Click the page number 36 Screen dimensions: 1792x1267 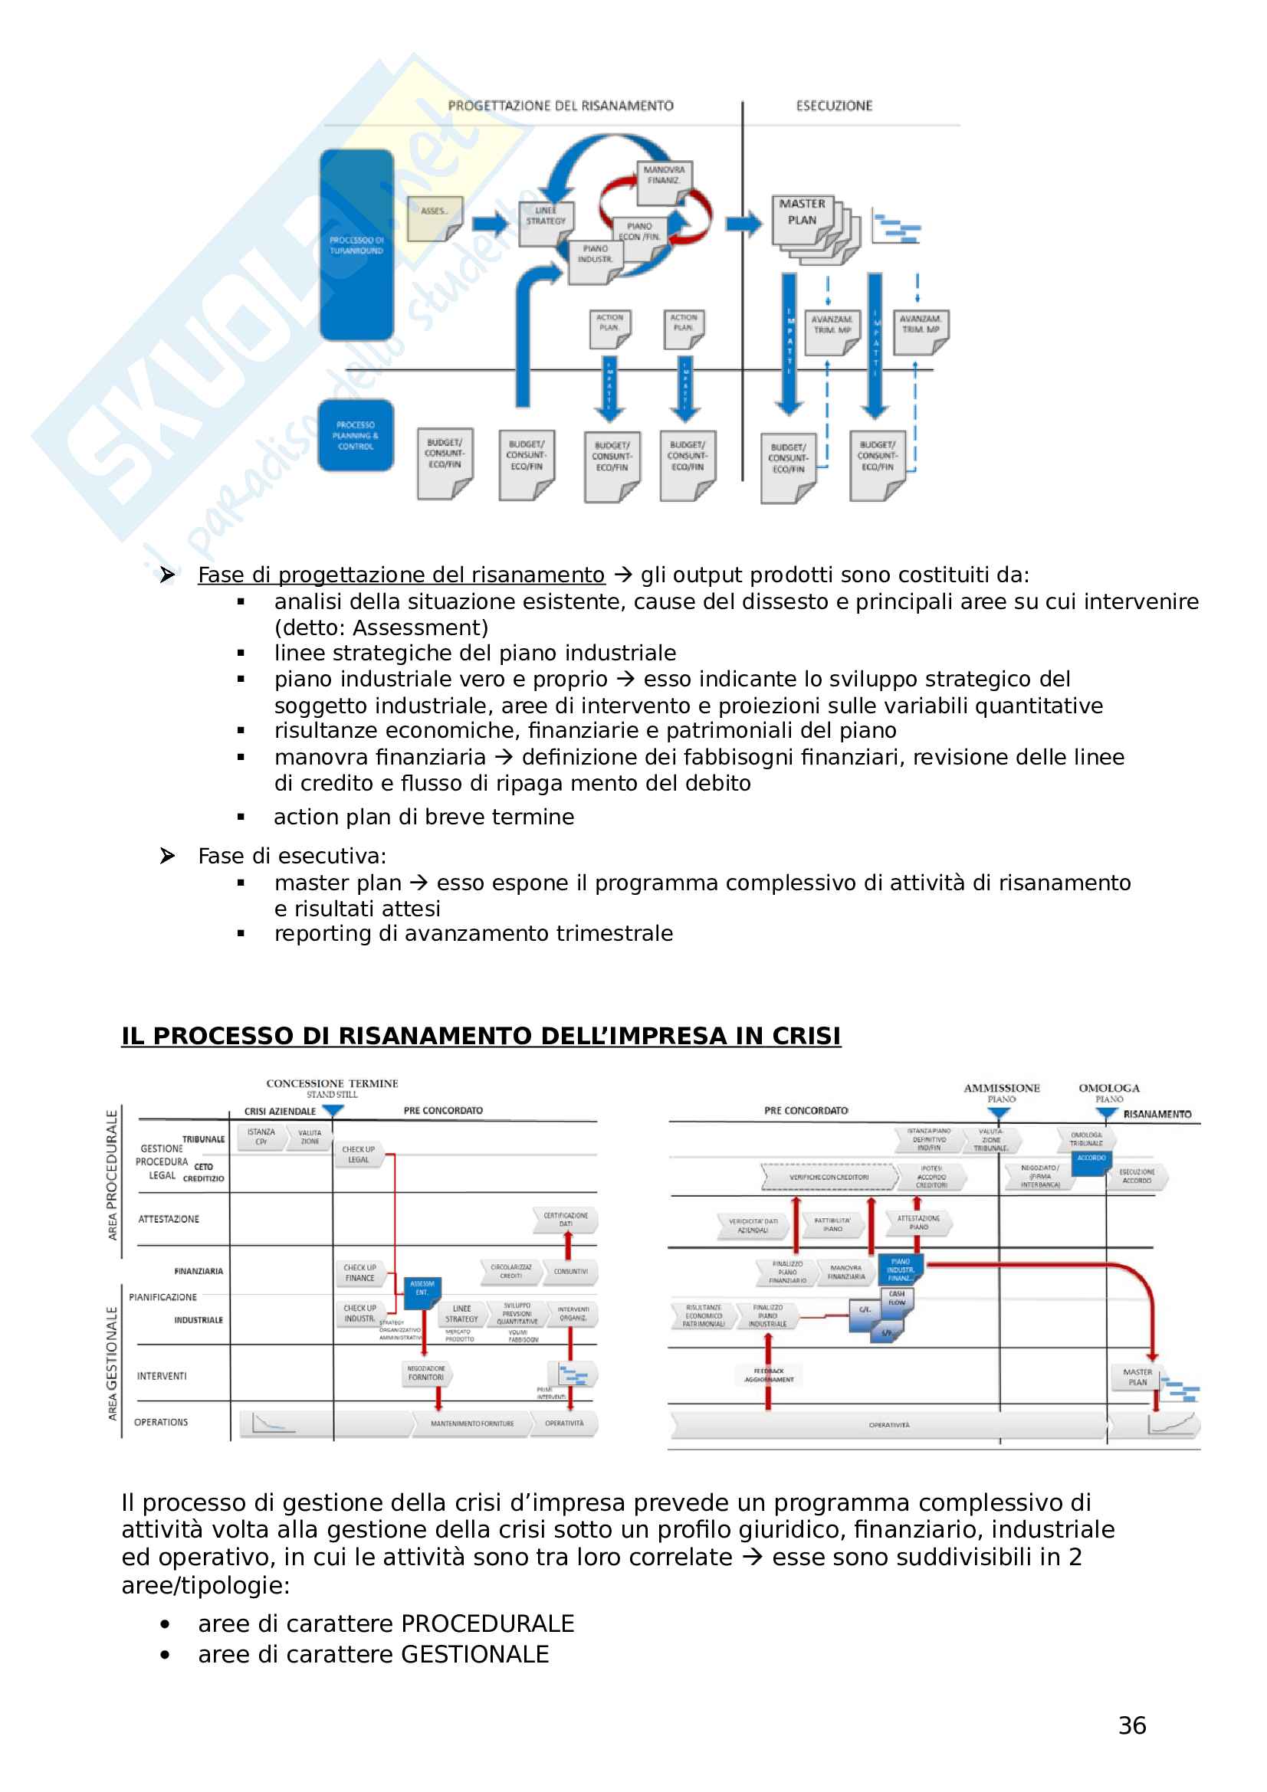click(1132, 1725)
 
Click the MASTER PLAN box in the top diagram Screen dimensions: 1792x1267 click(802, 212)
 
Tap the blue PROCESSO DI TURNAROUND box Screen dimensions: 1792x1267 click(356, 245)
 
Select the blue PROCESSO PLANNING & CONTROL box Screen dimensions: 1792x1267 click(356, 435)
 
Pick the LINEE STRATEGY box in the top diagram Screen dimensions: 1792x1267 click(546, 217)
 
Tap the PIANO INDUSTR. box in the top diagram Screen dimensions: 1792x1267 click(595, 255)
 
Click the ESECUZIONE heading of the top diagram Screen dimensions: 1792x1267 click(834, 106)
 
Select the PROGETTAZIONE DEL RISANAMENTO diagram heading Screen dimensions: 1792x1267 click(560, 106)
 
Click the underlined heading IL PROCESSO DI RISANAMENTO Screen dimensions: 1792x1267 click(481, 1036)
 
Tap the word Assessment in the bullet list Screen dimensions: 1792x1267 click(418, 627)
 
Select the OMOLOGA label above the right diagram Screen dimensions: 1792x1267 click(1108, 1087)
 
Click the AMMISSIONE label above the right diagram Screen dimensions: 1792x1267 click(1002, 1087)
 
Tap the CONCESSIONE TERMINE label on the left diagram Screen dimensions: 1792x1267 click(332, 1083)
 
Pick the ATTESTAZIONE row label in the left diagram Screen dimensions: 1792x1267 click(169, 1219)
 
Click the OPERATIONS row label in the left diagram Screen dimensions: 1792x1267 click(161, 1422)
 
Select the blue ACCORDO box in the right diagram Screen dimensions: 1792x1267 click(1091, 1158)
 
